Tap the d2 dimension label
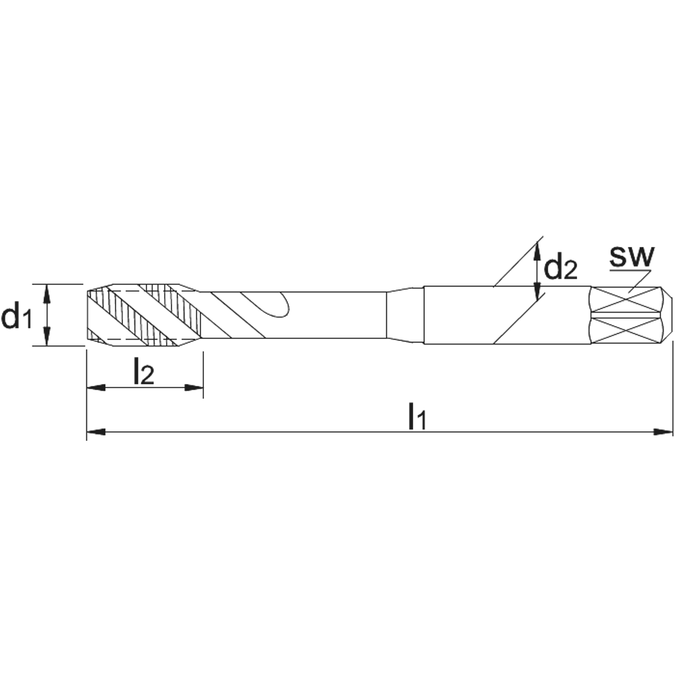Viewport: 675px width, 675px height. pos(560,267)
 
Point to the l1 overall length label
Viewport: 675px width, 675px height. pos(416,415)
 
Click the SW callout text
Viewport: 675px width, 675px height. pos(632,256)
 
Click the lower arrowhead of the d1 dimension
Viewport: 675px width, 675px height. pos(47,335)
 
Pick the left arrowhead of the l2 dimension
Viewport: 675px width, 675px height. pos(96,387)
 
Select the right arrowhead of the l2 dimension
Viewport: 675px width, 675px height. pos(194,387)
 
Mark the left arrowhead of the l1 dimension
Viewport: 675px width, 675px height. pos(96,431)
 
